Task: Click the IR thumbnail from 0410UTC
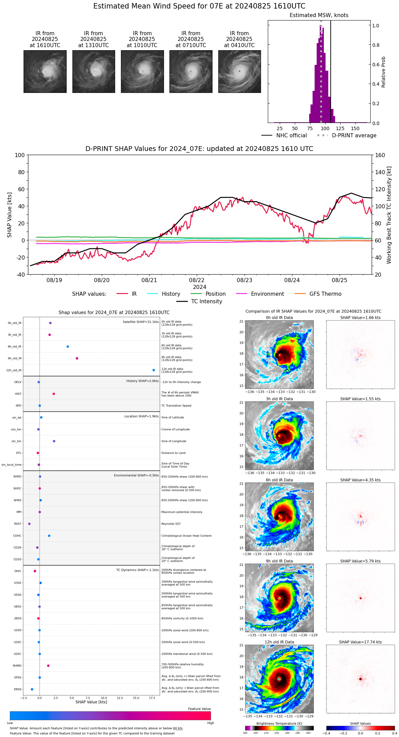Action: [239, 71]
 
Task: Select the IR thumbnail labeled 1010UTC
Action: [142, 71]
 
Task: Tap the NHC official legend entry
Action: [284, 136]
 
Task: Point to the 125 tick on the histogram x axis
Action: [340, 128]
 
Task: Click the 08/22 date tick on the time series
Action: [197, 280]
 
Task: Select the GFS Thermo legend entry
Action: [318, 294]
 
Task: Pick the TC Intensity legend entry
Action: [199, 302]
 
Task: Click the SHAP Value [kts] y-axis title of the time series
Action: [10, 215]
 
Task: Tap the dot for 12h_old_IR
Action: [154, 370]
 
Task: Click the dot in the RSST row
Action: [29, 524]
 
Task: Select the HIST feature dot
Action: [54, 394]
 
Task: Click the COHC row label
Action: [17, 536]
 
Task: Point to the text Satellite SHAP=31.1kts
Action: [141, 322]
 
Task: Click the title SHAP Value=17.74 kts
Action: [360, 642]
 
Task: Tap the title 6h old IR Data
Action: [279, 480]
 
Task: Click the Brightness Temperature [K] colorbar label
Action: [279, 723]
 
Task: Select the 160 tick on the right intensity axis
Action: [380, 155]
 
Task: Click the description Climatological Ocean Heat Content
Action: [186, 536]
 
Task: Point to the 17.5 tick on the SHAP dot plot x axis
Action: [152, 698]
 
